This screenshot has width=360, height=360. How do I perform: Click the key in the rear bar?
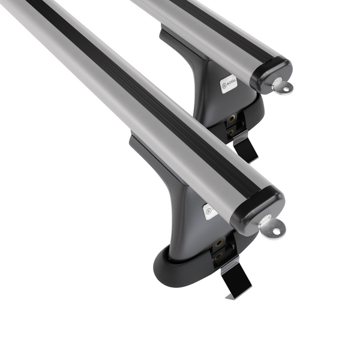[x=281, y=87]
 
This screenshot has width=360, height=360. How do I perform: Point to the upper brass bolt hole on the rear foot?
[x=230, y=119]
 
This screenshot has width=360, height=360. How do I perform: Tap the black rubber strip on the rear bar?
[x=204, y=24]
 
